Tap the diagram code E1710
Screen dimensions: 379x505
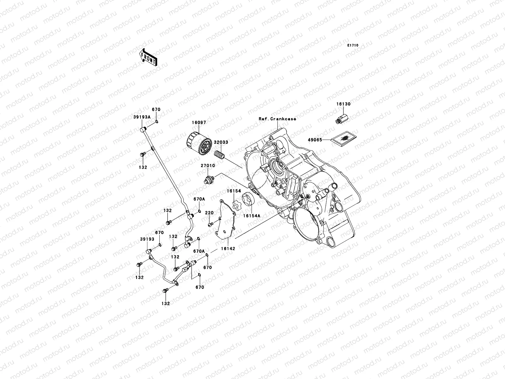353,45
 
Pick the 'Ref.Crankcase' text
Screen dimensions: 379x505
277,119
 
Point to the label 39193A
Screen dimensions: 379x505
141,117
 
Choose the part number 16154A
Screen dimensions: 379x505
252,216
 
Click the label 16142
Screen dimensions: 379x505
228,249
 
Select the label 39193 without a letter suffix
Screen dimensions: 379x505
147,239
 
